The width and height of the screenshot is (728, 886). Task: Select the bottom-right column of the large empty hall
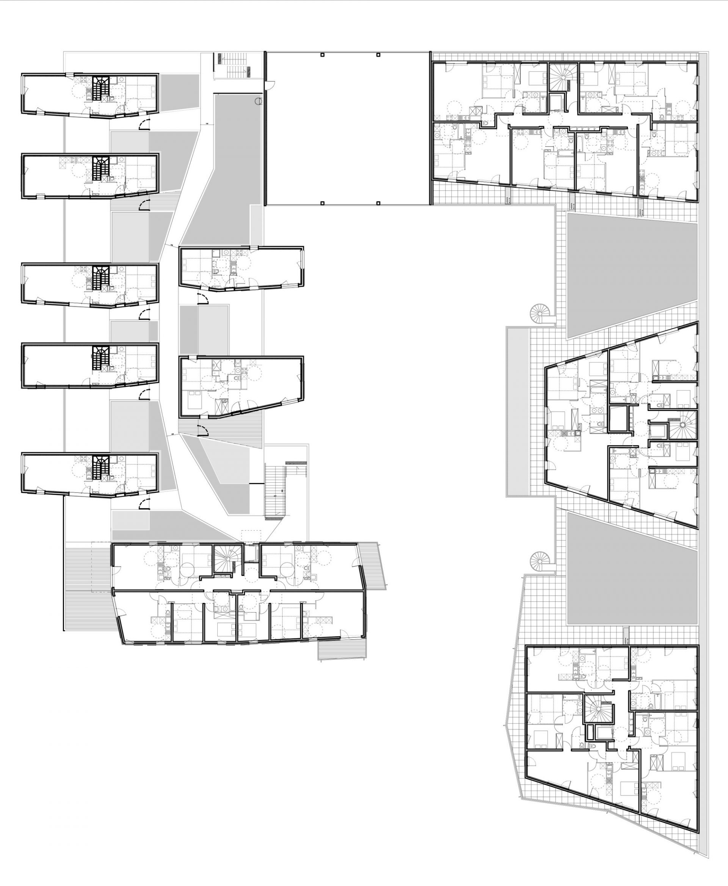[379, 203]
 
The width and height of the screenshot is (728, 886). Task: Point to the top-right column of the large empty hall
[379, 55]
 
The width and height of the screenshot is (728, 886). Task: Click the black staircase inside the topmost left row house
[100, 88]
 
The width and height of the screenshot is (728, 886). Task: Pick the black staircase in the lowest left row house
[100, 466]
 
